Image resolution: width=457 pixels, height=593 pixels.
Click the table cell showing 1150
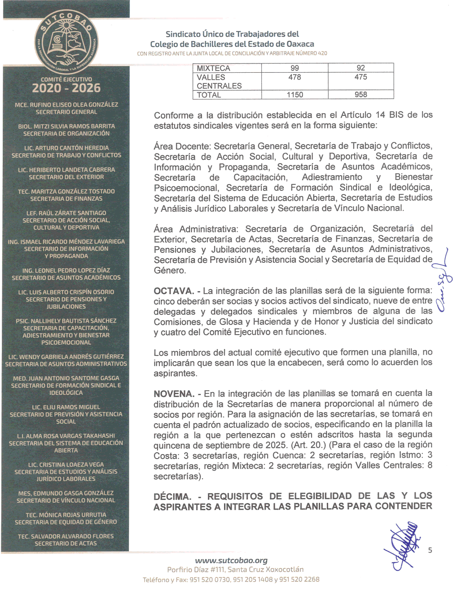(x=294, y=95)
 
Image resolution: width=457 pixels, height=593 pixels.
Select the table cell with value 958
(x=360, y=95)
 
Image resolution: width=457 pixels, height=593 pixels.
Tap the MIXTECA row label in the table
(x=213, y=68)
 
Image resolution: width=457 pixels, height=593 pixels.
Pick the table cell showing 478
(x=294, y=77)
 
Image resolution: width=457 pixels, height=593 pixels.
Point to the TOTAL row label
(x=209, y=95)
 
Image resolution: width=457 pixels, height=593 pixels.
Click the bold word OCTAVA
(x=174, y=291)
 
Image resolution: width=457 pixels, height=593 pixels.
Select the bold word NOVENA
(x=173, y=394)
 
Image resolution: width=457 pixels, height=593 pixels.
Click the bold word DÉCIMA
(x=172, y=497)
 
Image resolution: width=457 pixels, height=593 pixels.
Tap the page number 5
(x=430, y=550)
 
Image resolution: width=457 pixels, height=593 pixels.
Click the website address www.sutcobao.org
(x=231, y=560)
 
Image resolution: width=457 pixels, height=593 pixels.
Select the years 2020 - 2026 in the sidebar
(x=66, y=88)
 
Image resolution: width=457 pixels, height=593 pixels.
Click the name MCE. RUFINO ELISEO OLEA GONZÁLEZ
(x=66, y=105)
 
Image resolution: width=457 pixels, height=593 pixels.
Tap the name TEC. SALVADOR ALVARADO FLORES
(x=66, y=536)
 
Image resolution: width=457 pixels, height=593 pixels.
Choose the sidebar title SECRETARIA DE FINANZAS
(x=66, y=199)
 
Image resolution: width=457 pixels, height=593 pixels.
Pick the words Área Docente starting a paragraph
(x=182, y=146)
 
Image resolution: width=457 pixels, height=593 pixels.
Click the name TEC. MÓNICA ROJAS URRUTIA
(x=66, y=515)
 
